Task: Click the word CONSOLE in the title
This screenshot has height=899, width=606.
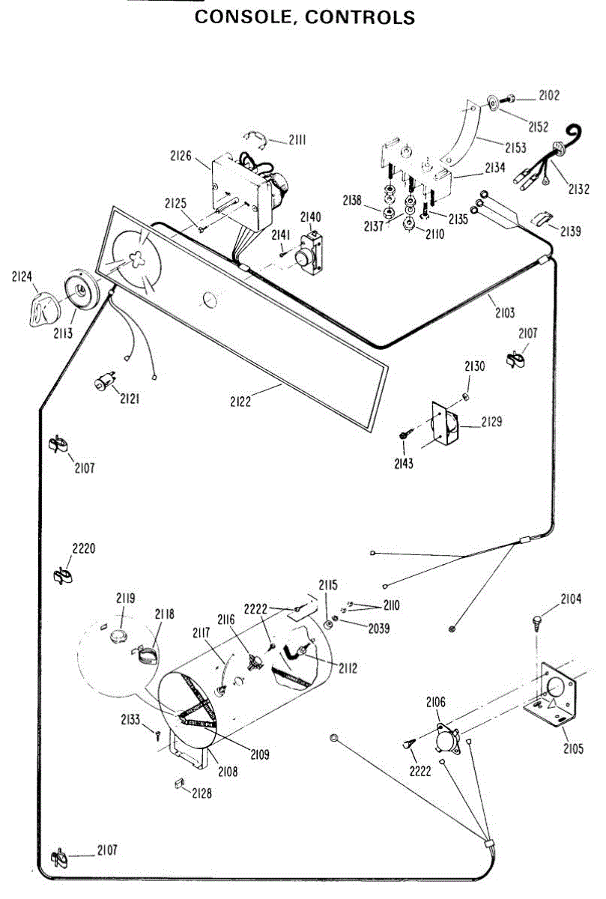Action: click(239, 16)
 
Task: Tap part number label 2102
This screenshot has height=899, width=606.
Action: click(548, 96)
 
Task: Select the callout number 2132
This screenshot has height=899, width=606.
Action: click(578, 190)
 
